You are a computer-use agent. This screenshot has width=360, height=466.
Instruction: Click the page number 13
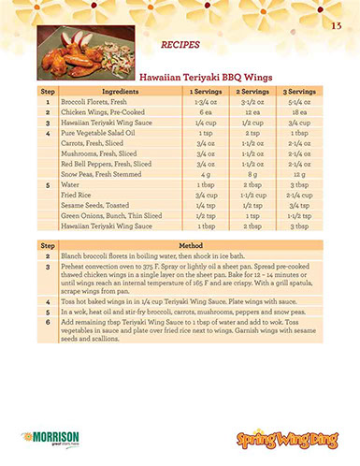click(x=335, y=24)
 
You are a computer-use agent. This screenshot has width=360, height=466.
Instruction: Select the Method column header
click(x=191, y=244)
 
